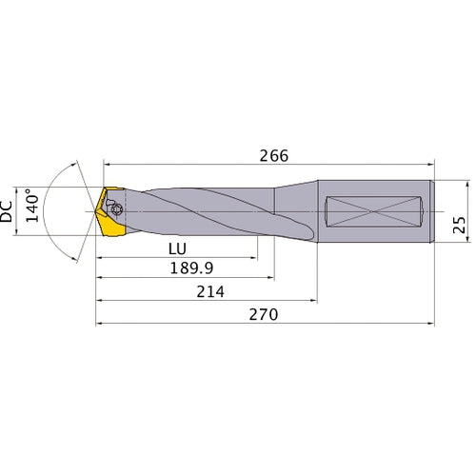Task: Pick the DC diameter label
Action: click(10, 210)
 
